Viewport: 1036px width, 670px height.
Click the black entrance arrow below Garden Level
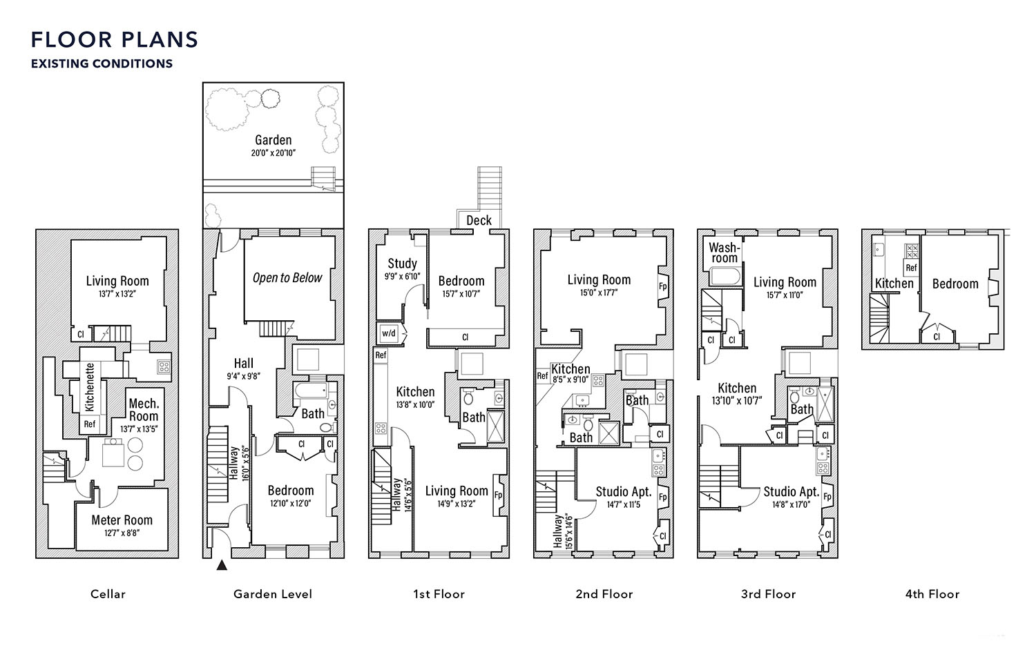[x=222, y=564]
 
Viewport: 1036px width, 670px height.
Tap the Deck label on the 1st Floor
[x=479, y=220]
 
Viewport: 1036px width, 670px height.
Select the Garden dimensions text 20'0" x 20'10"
[x=274, y=153]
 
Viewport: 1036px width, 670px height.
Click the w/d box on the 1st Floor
[x=388, y=333]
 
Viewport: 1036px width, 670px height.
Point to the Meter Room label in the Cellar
[x=122, y=520]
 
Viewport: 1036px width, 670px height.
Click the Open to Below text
[x=287, y=277]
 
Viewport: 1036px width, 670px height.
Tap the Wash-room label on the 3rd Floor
[x=725, y=253]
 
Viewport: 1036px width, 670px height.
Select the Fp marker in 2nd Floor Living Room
[x=663, y=286]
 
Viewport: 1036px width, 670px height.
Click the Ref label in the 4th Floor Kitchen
[x=911, y=268]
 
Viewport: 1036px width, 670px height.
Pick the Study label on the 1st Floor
[x=403, y=264]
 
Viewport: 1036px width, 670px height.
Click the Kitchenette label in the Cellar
[x=90, y=387]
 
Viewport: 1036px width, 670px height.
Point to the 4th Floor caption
[x=932, y=594]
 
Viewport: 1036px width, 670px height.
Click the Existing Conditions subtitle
[x=102, y=63]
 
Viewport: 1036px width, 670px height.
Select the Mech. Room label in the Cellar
[x=144, y=410]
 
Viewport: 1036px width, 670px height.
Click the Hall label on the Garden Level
[x=243, y=363]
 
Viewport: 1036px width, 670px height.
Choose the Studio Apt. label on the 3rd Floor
[x=792, y=492]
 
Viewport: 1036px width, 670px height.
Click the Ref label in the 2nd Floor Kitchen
[x=542, y=376]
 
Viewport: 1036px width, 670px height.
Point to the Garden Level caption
[x=273, y=594]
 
